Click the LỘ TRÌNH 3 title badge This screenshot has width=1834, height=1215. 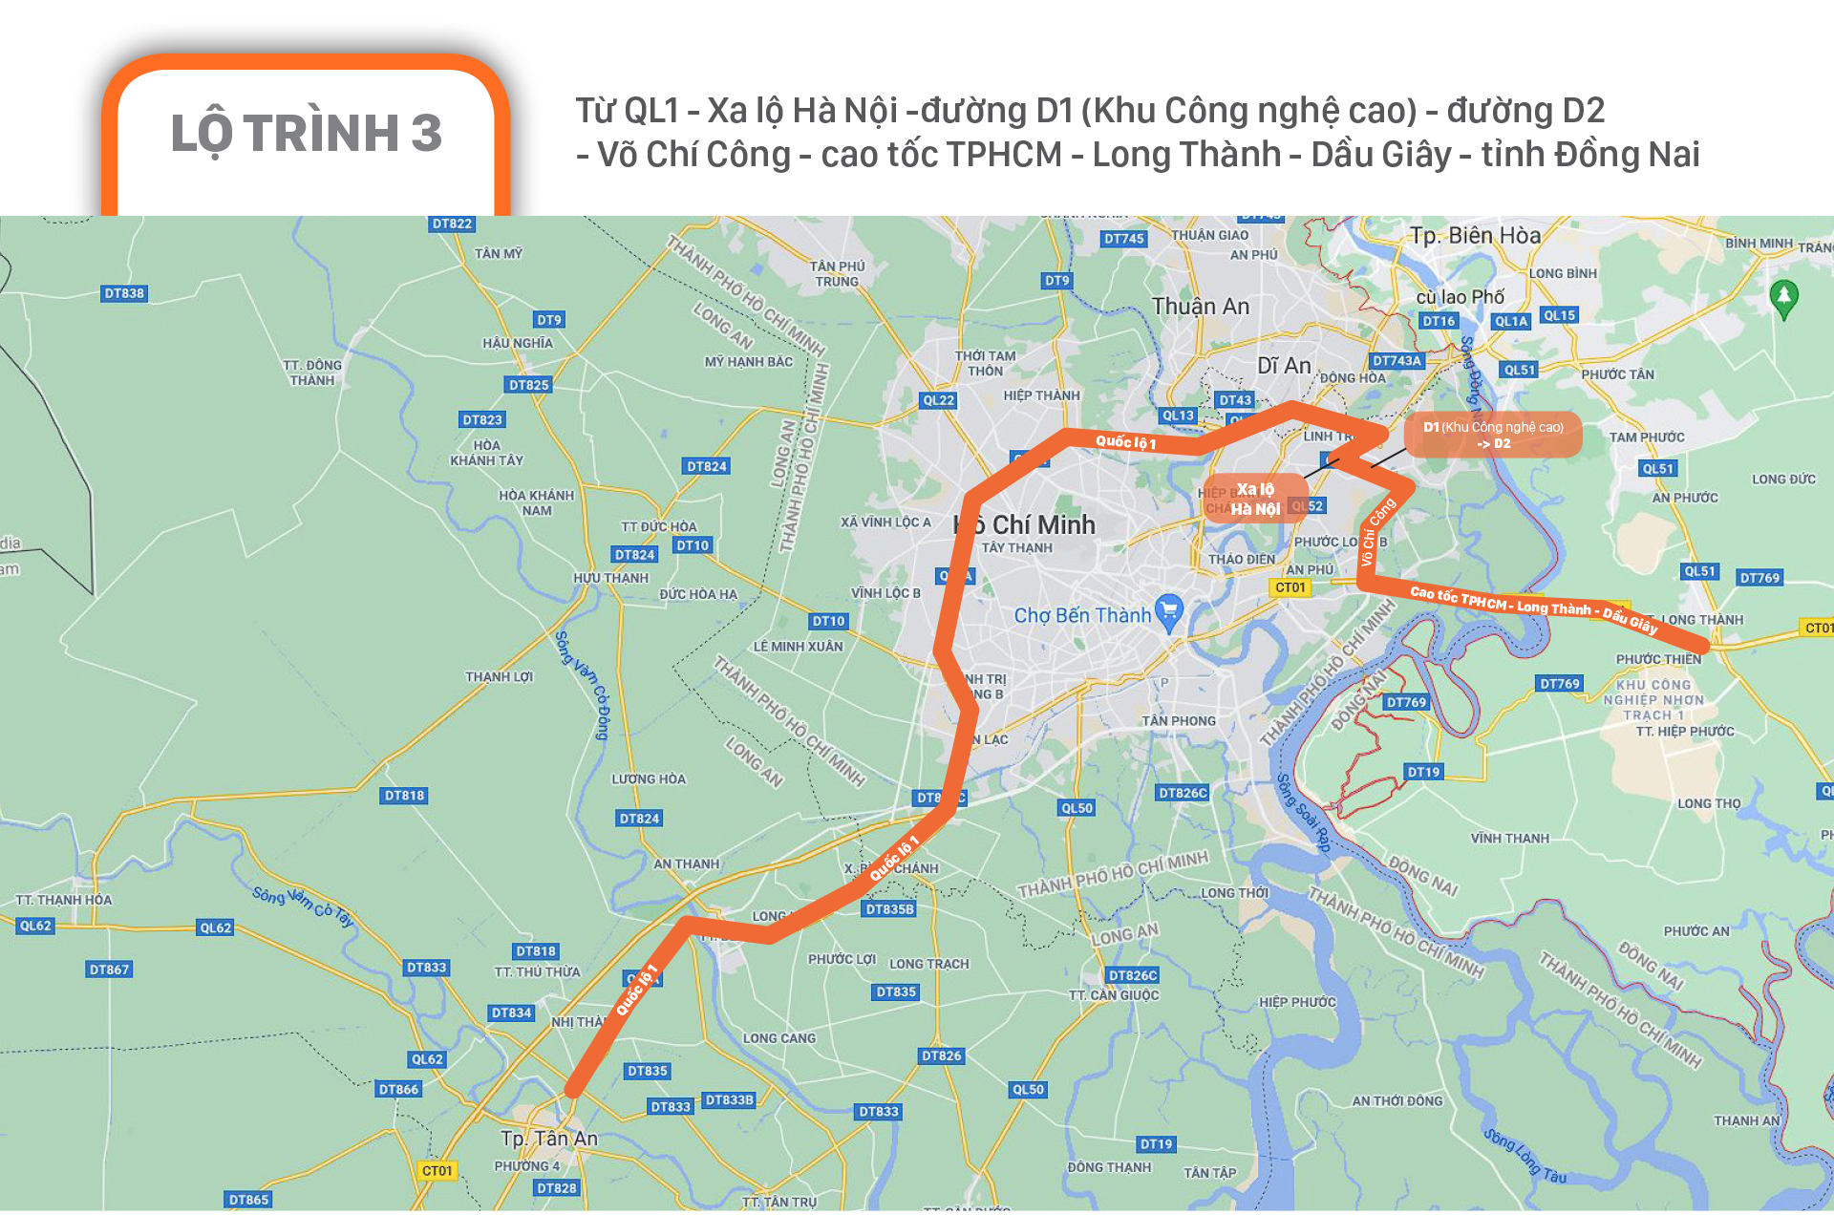point(306,134)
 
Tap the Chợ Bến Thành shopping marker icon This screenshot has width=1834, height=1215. point(1169,611)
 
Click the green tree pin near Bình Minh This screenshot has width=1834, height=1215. point(1783,297)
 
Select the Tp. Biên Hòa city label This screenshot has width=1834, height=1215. point(1475,236)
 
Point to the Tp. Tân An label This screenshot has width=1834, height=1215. point(549,1139)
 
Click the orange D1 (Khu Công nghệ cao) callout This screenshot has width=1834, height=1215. point(1493,435)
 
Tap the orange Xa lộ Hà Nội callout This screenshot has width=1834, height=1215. point(1255,499)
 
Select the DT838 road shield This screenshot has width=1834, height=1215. point(124,293)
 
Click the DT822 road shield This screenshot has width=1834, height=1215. point(452,224)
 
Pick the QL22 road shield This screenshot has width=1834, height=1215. point(938,400)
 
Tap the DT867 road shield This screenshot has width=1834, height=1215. point(109,970)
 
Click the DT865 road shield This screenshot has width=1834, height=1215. point(248,1200)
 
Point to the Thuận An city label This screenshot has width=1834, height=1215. point(1200,307)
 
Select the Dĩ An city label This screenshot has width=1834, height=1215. point(1284,366)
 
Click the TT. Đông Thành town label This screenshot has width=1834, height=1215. point(312,373)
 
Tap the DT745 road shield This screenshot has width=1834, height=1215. point(1123,239)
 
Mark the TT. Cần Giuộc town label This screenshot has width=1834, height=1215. point(1114,995)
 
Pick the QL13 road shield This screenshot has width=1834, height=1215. point(1178,416)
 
